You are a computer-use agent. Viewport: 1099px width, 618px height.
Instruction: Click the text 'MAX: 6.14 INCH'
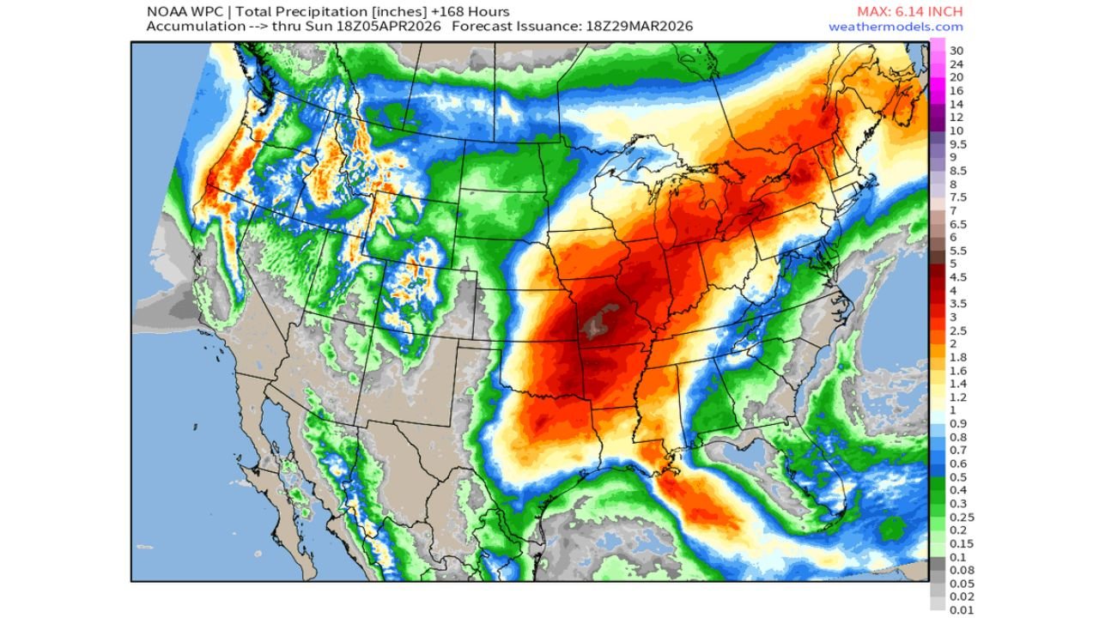pyautogui.click(x=909, y=11)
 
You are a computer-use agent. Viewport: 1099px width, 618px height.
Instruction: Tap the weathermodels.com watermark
pyautogui.click(x=896, y=27)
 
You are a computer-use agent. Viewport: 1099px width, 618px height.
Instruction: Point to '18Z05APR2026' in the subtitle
pyautogui.click(x=392, y=27)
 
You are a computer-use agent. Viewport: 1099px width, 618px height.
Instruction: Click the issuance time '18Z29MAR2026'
pyautogui.click(x=642, y=27)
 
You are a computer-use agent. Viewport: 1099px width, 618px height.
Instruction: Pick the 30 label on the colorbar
pyautogui.click(x=956, y=51)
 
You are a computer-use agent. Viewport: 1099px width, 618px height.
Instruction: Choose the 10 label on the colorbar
pyautogui.click(x=956, y=130)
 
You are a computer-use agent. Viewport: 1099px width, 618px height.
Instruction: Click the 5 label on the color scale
pyautogui.click(x=953, y=264)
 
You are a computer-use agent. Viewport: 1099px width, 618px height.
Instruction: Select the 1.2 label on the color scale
pyautogui.click(x=957, y=397)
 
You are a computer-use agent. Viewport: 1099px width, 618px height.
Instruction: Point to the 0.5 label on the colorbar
pyautogui.click(x=957, y=477)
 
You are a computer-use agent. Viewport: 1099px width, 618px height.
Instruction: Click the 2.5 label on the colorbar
pyautogui.click(x=957, y=330)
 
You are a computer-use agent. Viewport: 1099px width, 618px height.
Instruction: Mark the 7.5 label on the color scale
pyautogui.click(x=957, y=197)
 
